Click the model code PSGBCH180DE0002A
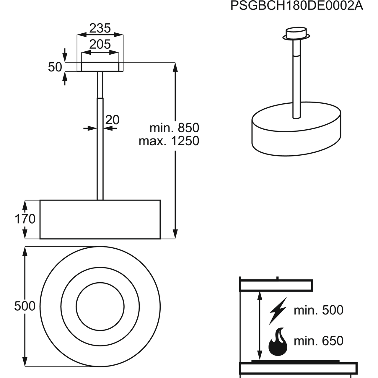pos(297,6)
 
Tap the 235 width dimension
pos(100,28)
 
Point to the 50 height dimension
pos(55,67)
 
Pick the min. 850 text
pos(175,128)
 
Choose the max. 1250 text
pos(169,141)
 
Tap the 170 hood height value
pos(25,219)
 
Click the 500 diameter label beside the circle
pos(25,306)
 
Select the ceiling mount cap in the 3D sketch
pos(296,34)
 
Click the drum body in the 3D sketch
pos(296,137)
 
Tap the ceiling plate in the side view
pos(100,67)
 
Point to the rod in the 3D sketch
pos(296,79)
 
